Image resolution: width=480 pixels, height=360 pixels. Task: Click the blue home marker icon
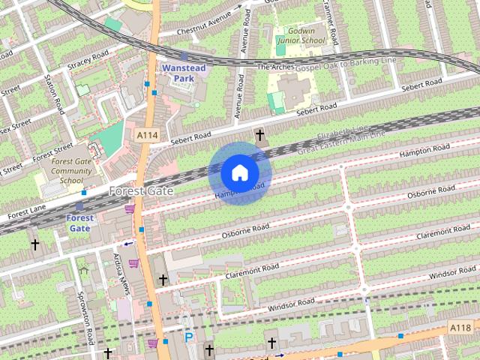[x=239, y=173]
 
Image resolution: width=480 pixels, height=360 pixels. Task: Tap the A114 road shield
[x=147, y=134]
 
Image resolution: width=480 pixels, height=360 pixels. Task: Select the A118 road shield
[x=460, y=327]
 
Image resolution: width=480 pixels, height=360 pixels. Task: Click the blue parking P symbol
[x=189, y=338]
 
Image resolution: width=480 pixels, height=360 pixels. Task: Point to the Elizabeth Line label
[x=343, y=135]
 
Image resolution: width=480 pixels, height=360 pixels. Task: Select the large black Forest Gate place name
[x=141, y=191]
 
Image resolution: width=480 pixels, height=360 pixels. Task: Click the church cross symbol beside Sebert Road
[x=260, y=136]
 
